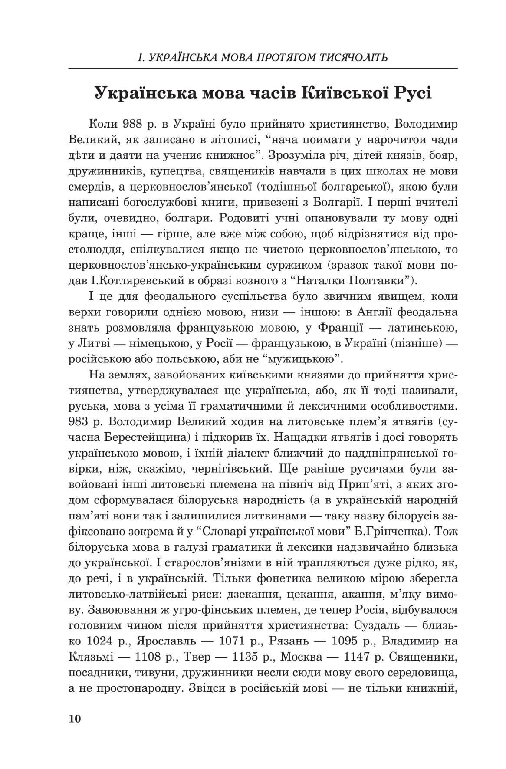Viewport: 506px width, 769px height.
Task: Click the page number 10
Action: [75, 718]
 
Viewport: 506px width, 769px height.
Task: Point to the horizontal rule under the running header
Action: [263, 69]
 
